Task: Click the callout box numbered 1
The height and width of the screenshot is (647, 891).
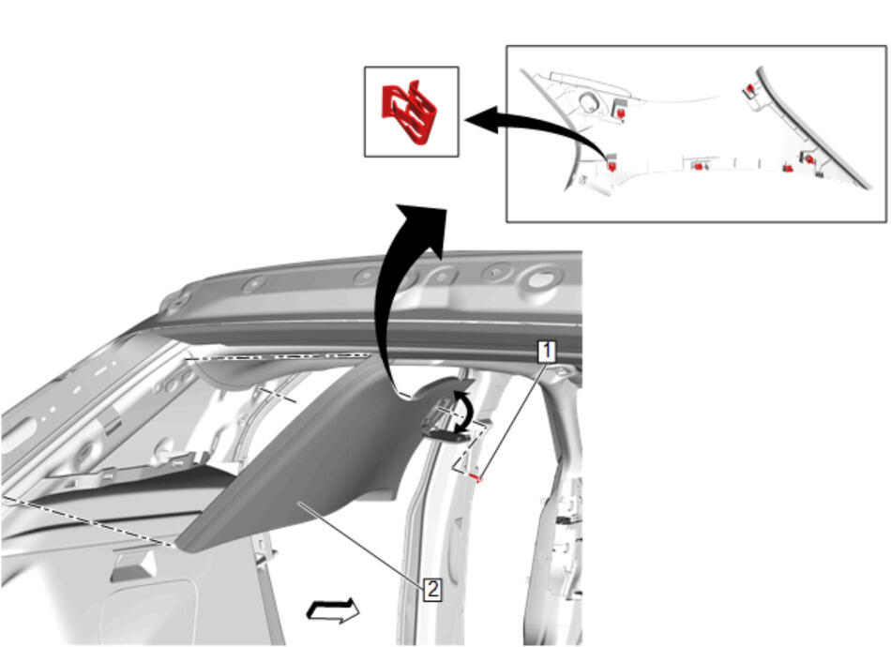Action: pos(547,351)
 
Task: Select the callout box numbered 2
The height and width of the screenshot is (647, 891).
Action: pos(432,589)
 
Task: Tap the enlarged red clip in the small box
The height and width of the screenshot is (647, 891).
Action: pos(409,112)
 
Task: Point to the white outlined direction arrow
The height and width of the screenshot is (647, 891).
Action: pos(333,611)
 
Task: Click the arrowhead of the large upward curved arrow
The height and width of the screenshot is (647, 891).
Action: pos(424,227)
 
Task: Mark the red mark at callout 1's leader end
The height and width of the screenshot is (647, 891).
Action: pos(478,479)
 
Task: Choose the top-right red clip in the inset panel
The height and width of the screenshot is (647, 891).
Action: pos(750,89)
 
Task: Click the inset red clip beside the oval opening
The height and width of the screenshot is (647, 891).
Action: pos(620,113)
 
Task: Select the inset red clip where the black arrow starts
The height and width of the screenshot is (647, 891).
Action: pos(612,165)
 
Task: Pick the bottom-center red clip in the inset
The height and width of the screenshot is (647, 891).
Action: pos(698,166)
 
